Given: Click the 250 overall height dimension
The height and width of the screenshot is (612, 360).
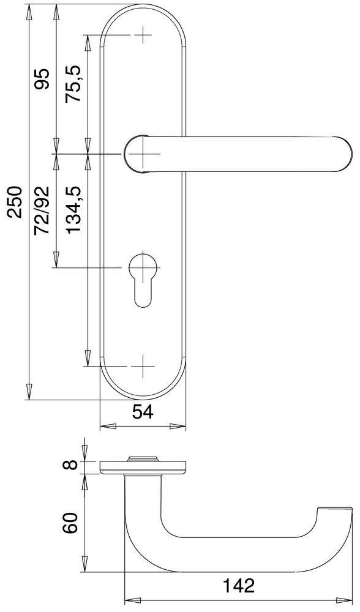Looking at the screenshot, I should [15, 202].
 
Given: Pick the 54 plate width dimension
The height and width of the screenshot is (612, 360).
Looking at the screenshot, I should [142, 413].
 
